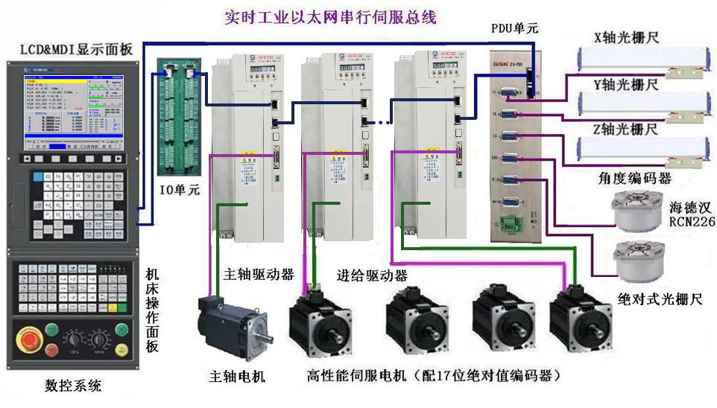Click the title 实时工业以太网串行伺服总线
(330, 16)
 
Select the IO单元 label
(178, 189)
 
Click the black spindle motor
(228, 328)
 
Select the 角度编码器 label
(634, 179)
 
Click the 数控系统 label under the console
(73, 386)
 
